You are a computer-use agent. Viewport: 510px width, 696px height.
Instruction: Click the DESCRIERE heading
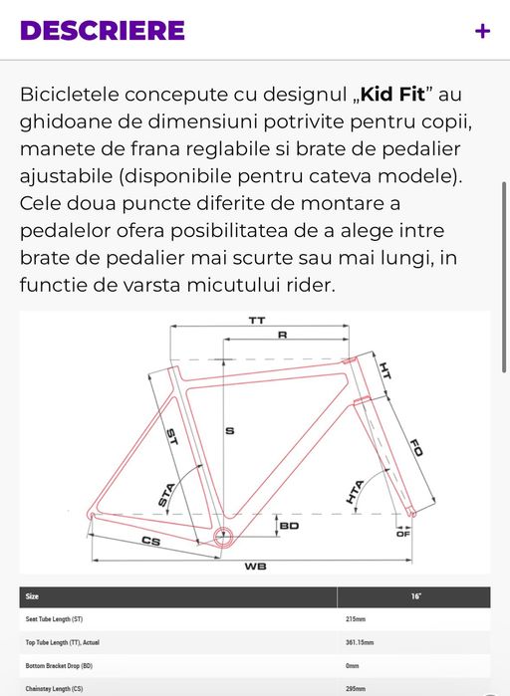pyautogui.click(x=103, y=30)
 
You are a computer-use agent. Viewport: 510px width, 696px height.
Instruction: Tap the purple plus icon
pyautogui.click(x=482, y=31)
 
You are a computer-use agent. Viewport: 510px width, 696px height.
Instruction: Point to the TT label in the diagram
pyautogui.click(x=256, y=321)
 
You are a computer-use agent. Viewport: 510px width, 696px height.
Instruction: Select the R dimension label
pyautogui.click(x=282, y=337)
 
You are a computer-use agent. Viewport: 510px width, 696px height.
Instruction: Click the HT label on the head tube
pyautogui.click(x=385, y=371)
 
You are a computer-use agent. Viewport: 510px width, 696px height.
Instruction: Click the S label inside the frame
pyautogui.click(x=228, y=431)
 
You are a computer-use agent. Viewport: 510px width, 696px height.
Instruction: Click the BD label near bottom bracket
pyautogui.click(x=290, y=525)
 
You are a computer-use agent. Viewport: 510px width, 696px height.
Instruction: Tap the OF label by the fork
pyautogui.click(x=403, y=534)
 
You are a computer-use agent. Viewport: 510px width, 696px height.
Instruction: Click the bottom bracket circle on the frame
pyautogui.click(x=223, y=536)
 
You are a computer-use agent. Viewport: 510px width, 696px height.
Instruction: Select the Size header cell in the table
pyautogui.click(x=33, y=596)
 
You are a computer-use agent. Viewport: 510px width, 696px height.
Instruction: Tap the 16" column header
pyautogui.click(x=415, y=596)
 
